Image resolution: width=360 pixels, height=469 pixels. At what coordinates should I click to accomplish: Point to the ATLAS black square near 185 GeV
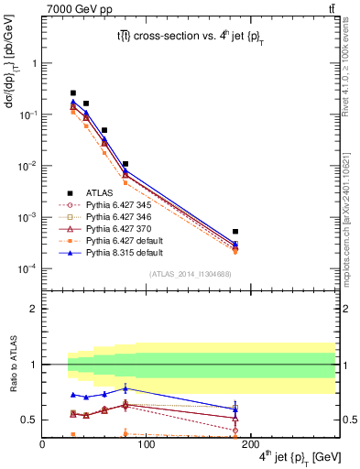(235, 232)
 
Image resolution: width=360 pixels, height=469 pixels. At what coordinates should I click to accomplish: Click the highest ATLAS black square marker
(73, 93)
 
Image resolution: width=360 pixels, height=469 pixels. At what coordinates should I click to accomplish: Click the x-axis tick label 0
(43, 445)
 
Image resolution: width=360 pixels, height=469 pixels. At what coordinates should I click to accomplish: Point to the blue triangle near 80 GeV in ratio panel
(125, 389)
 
